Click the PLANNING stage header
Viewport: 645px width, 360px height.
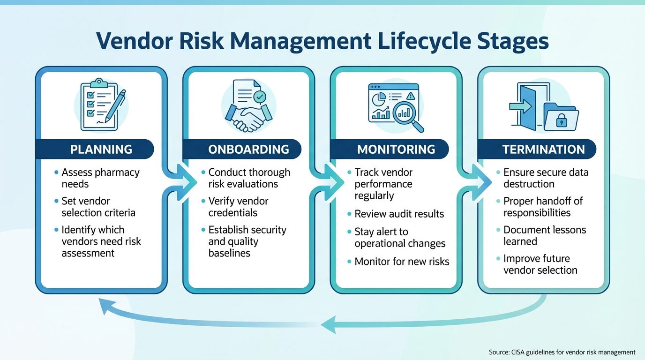tap(101, 150)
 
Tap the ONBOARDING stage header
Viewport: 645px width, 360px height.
tap(248, 150)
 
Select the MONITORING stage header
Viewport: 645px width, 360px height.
tap(396, 150)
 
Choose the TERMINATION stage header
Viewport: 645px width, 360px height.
tap(543, 150)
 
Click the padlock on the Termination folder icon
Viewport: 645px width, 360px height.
tap(561, 120)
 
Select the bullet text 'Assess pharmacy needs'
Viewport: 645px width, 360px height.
tap(100, 178)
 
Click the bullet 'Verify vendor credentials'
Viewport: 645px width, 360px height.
tap(238, 207)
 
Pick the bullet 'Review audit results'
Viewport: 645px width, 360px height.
tap(399, 214)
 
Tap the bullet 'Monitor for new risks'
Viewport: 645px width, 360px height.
tap(402, 262)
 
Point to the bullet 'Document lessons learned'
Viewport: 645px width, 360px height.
tap(544, 236)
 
